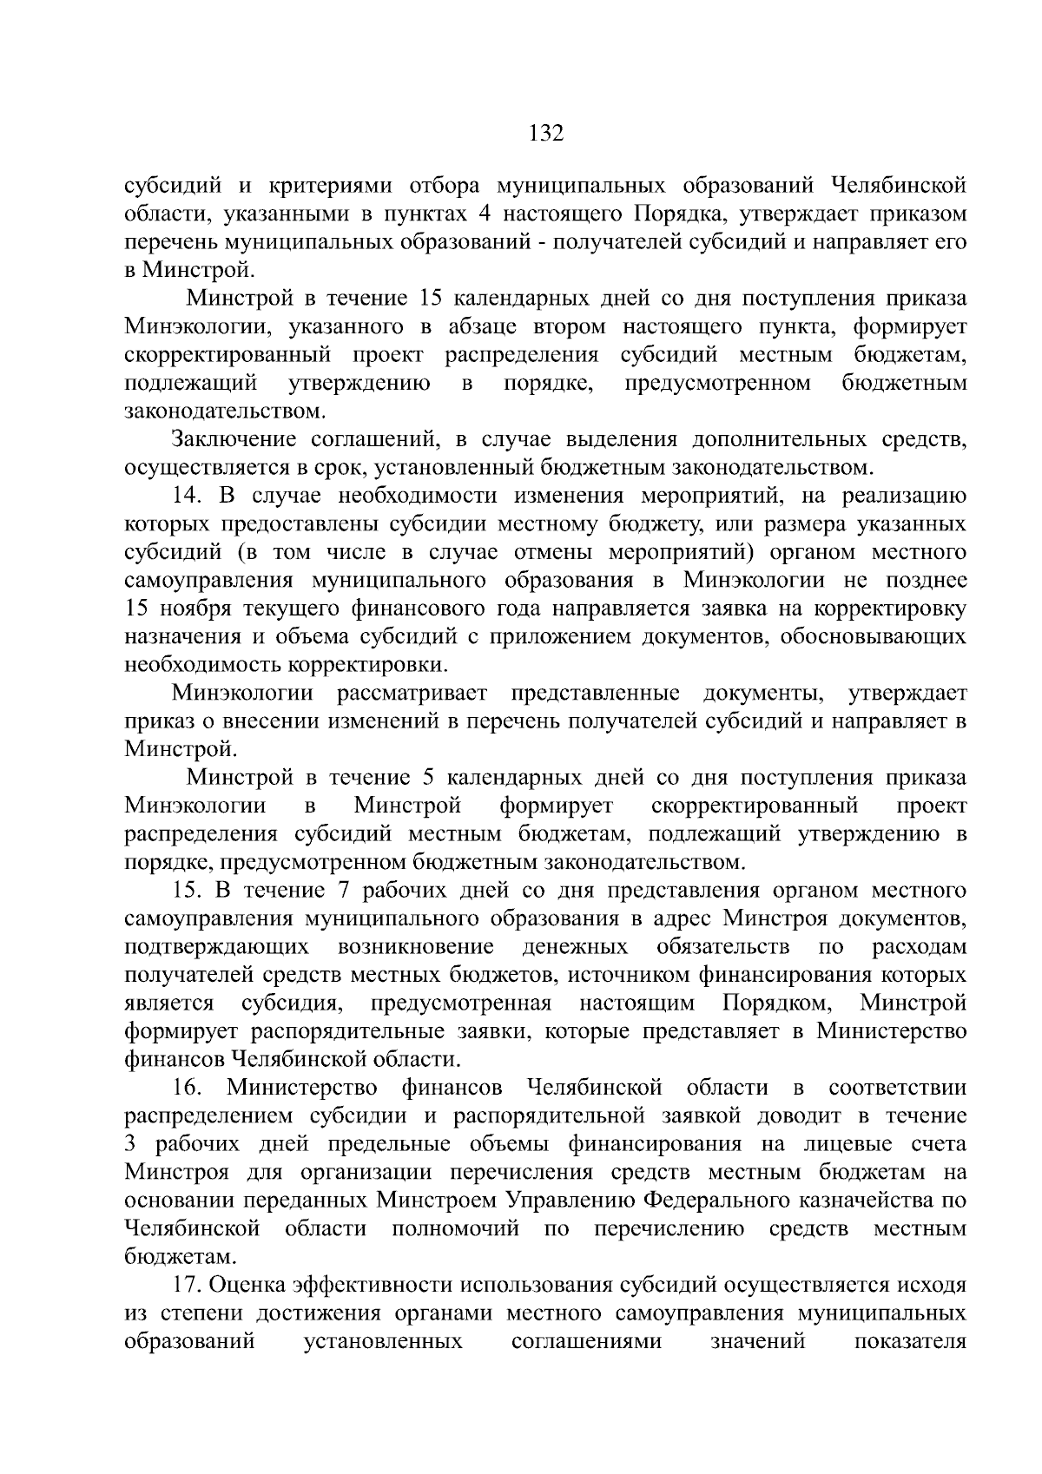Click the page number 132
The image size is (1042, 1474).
click(x=546, y=134)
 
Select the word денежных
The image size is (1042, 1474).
click(x=576, y=946)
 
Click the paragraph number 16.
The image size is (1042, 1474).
click(x=187, y=1088)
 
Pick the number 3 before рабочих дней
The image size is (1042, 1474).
click(x=131, y=1144)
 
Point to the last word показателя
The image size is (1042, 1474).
click(x=910, y=1341)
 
